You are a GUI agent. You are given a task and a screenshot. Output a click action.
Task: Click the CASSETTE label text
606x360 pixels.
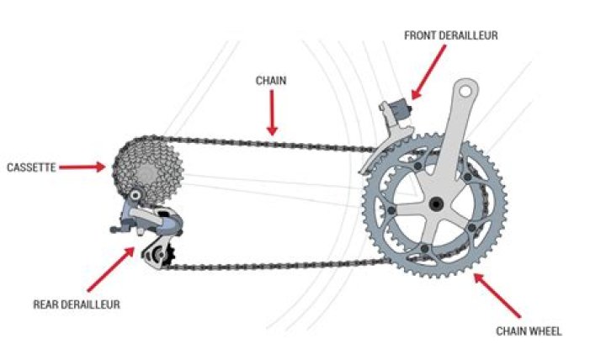(32, 167)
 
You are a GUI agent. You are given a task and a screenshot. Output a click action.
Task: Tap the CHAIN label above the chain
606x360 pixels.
(271, 81)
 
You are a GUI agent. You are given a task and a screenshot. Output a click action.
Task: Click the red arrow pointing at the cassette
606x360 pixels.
(83, 167)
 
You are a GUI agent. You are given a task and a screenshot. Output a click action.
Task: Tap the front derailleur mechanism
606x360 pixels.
(392, 118)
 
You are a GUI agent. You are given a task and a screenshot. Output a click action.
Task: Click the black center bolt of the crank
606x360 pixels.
(435, 204)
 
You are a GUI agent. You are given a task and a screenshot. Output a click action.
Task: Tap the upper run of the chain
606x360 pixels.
(269, 142)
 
